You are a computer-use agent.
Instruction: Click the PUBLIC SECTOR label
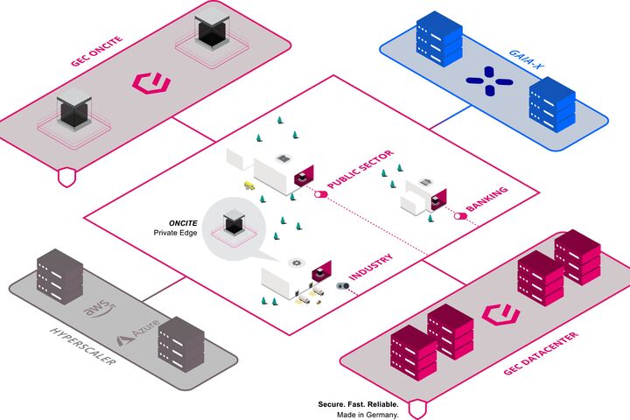coord(360,170)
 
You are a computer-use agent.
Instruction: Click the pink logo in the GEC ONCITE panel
coord(150,83)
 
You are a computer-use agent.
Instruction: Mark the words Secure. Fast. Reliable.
coord(358,405)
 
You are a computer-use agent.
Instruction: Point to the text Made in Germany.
coord(370,415)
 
